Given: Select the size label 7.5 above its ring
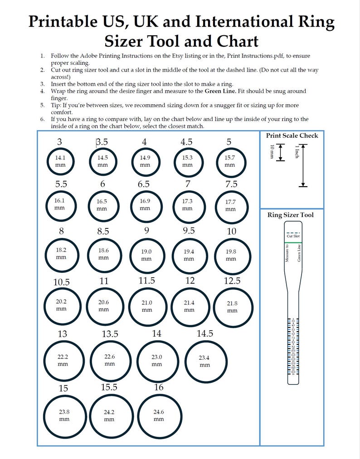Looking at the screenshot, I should tap(231, 184).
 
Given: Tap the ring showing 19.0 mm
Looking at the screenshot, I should tap(146, 255).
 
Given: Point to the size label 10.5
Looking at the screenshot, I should tap(61, 282).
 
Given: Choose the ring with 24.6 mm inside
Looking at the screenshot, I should tap(159, 416).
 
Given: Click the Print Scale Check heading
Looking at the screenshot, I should tap(292, 135).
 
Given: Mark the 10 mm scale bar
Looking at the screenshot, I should tap(280, 152).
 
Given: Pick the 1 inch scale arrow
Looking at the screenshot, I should tap(303, 165).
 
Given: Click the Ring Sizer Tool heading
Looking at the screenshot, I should tap(291, 215).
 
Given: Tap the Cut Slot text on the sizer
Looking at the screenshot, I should tap(293, 236).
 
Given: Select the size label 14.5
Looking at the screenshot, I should tap(205, 333).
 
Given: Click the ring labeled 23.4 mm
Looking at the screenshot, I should tap(205, 361).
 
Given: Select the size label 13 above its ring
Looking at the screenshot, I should tap(62, 334).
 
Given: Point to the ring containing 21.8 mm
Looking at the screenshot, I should tap(232, 307).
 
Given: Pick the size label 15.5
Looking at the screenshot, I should tap(109, 387).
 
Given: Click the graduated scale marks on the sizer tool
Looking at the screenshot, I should tap(293, 347).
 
